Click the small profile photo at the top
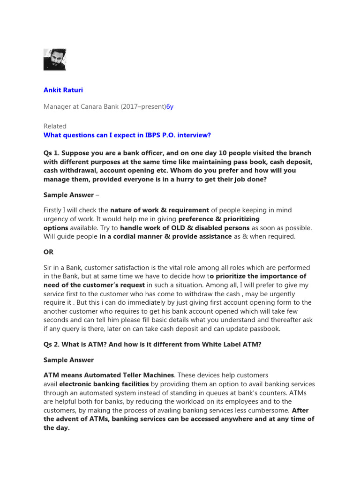[x=55, y=60]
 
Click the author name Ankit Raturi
[x=63, y=90]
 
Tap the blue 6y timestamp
[x=170, y=106]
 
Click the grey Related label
[x=55, y=126]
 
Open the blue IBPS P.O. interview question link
[x=127, y=135]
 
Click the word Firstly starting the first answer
[x=55, y=210]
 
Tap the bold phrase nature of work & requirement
[x=159, y=210]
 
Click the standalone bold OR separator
[x=48, y=251]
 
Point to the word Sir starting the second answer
[x=49, y=268]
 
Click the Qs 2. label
[x=52, y=345]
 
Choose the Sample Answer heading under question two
[x=68, y=360]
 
